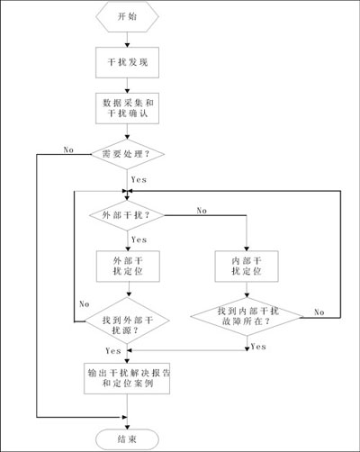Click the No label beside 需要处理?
[x=68, y=149]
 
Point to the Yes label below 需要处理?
[x=139, y=180]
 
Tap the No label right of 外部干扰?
[x=202, y=211]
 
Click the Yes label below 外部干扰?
[x=139, y=240]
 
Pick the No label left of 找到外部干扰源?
[x=85, y=304]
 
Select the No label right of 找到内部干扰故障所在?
[x=319, y=312]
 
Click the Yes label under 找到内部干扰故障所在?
[x=258, y=347]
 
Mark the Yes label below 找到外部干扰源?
[x=113, y=351]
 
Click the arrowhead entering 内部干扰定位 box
[x=247, y=249]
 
